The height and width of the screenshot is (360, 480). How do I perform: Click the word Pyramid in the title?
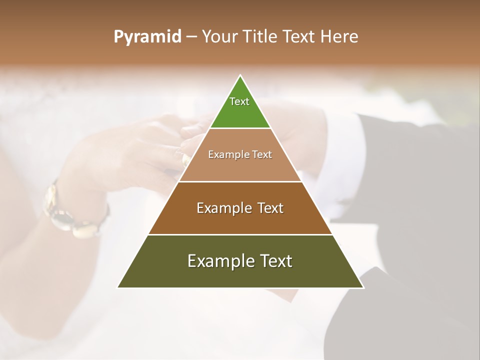tap(147, 37)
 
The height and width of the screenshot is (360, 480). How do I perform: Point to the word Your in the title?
tap(219, 37)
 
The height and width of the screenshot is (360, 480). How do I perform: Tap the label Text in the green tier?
tap(239, 101)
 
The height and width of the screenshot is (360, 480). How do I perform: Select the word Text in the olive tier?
tap(274, 261)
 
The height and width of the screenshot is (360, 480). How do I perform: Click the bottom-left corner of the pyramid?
tap(118, 287)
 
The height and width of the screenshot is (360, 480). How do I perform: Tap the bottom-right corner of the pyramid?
tap(363, 287)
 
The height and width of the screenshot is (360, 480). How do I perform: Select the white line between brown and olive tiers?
tap(240, 234)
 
